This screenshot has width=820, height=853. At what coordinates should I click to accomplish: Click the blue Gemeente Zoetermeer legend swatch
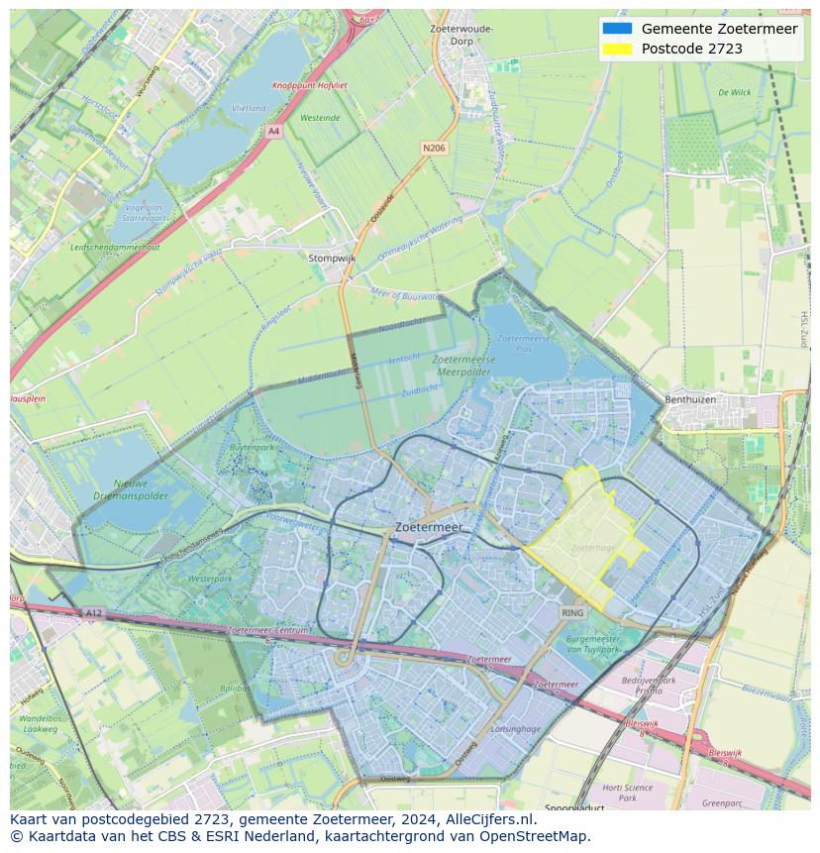(x=616, y=29)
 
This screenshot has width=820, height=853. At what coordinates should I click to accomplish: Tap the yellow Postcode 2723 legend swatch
(x=616, y=49)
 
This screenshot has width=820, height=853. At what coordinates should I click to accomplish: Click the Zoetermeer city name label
(x=428, y=528)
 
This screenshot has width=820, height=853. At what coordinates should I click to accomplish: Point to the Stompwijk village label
(x=332, y=258)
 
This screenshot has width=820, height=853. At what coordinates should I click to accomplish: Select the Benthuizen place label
(x=704, y=400)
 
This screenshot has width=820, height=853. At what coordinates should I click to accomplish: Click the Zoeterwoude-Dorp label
(x=461, y=36)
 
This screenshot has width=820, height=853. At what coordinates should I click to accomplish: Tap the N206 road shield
(x=433, y=148)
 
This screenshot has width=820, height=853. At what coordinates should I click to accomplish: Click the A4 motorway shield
(x=273, y=131)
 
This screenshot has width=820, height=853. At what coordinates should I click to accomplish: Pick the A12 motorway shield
(x=93, y=613)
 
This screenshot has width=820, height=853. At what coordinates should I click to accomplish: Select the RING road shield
(x=572, y=613)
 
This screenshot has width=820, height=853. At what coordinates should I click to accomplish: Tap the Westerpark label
(x=209, y=578)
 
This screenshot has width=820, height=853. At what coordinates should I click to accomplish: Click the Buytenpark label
(x=251, y=448)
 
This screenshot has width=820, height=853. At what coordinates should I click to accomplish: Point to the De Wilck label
(x=734, y=92)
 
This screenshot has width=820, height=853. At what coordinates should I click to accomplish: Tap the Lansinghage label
(x=515, y=729)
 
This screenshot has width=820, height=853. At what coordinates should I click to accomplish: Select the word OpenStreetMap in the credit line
(x=538, y=836)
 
